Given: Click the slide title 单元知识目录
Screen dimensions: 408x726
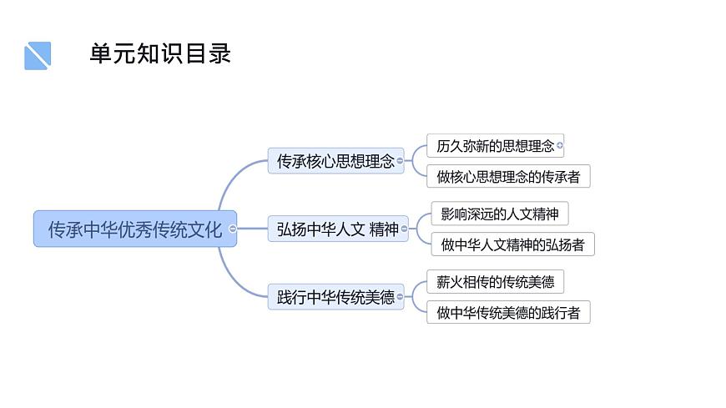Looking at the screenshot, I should click(160, 54).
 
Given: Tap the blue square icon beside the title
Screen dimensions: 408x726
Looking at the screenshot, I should click(38, 56).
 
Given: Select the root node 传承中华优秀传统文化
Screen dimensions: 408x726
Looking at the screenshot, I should click(134, 229).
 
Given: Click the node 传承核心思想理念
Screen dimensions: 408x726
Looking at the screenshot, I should click(335, 161).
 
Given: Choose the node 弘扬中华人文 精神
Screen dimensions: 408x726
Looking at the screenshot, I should click(337, 229).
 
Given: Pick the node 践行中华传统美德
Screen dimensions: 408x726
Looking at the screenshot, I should click(335, 296).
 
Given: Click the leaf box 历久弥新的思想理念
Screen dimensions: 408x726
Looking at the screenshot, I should click(494, 146).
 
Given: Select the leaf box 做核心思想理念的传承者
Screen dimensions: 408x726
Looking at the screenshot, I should click(507, 176).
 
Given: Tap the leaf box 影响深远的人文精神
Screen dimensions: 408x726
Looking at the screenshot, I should click(498, 214).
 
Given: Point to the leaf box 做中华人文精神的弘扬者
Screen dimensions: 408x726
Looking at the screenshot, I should click(512, 244).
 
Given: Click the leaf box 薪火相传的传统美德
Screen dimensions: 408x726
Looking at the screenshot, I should click(494, 281).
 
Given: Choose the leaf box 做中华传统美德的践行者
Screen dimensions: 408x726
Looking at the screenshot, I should click(507, 312).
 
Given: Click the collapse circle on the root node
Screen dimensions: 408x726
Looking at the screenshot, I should click(233, 229).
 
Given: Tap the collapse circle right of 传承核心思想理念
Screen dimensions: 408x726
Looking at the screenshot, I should click(401, 161).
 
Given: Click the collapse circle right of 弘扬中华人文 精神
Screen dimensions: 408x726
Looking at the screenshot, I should click(405, 229).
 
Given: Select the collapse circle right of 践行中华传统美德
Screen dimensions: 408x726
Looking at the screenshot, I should click(401, 296).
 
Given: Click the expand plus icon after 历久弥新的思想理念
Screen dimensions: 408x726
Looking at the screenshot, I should click(560, 146).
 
